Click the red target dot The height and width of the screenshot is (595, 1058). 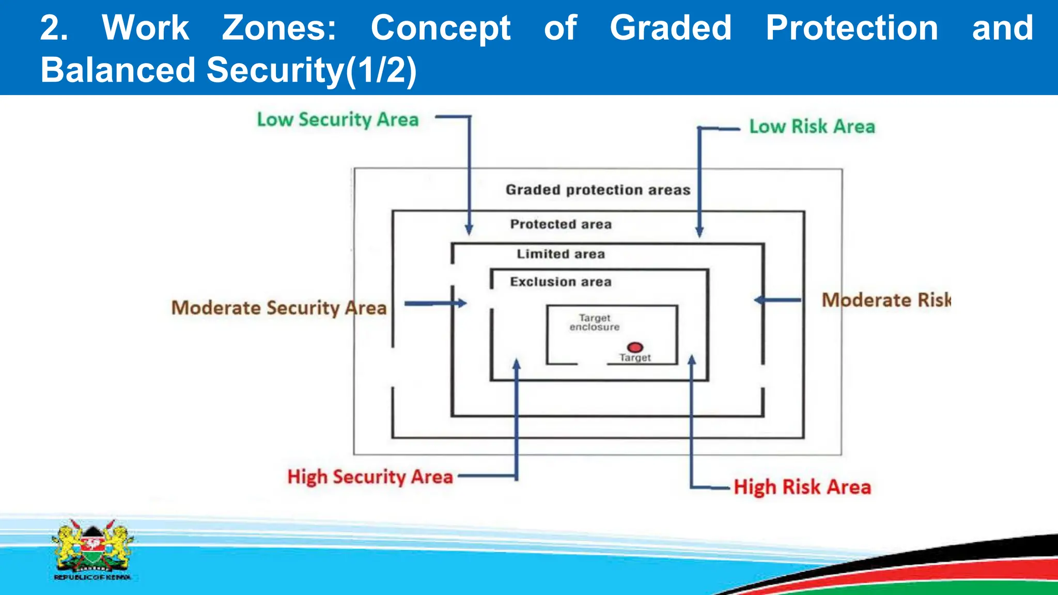pos(635,347)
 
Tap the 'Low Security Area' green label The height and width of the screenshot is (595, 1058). pos(338,120)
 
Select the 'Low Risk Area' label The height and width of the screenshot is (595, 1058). pos(812,127)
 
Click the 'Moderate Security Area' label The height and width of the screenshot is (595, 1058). pos(279,308)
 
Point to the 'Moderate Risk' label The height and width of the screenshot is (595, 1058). pos(886,300)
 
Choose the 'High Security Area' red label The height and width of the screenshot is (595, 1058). pos(370,477)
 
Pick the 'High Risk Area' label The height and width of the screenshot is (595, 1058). pos(802,487)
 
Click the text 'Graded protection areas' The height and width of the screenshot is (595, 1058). pos(598,190)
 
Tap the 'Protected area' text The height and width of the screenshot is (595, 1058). pos(561,224)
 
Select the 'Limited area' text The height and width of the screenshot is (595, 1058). pos(561,254)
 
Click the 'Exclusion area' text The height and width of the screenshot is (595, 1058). pos(561,282)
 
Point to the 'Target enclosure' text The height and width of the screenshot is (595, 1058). pos(594,322)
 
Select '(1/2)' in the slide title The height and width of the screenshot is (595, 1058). pos(381,70)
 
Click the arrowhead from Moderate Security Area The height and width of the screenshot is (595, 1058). pos(462,303)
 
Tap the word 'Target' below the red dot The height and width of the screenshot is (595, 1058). pos(635,358)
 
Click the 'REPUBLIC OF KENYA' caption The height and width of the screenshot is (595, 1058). pos(92,577)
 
